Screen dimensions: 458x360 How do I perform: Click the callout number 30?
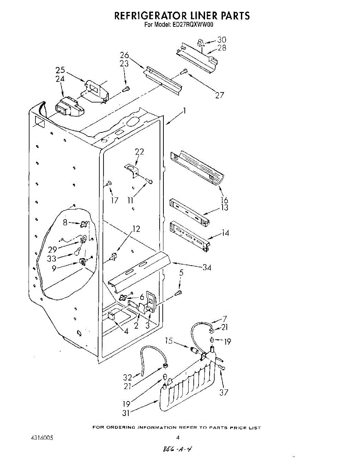(x=221, y=40)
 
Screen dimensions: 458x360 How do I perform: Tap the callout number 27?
(x=219, y=95)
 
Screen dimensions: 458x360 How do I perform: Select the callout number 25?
(x=60, y=70)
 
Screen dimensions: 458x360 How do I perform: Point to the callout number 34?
(x=207, y=267)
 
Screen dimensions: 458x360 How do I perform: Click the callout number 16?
(x=224, y=200)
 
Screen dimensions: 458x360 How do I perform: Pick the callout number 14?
(x=226, y=232)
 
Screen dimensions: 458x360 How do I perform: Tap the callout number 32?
(x=128, y=377)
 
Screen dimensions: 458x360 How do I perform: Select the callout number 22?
(x=139, y=152)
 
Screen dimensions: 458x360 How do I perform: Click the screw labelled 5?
(x=178, y=293)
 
